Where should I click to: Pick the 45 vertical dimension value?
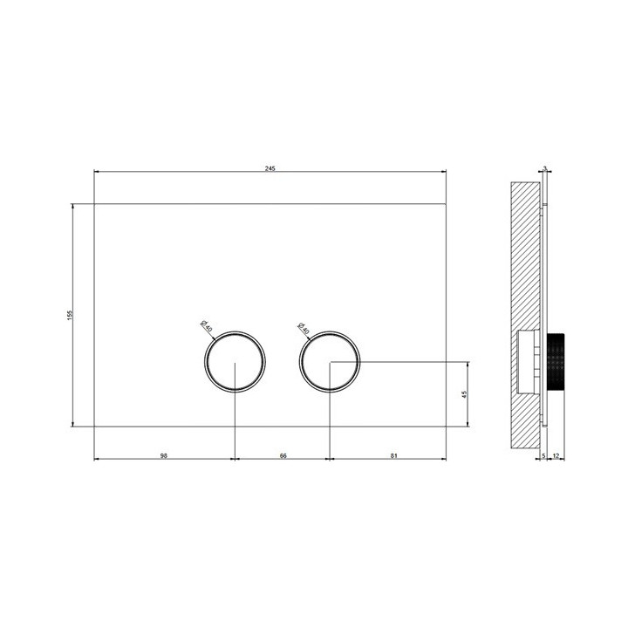[x=465, y=393]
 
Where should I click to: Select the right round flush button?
[x=329, y=362]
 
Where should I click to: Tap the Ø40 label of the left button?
[x=205, y=326]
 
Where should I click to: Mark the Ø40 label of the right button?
[x=302, y=326]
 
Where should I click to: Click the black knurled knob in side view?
[x=556, y=362]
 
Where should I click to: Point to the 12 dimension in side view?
[x=556, y=455]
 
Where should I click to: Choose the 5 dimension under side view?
[x=543, y=455]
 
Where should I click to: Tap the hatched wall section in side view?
[x=523, y=262]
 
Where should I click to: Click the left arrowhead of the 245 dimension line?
[x=96, y=173]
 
